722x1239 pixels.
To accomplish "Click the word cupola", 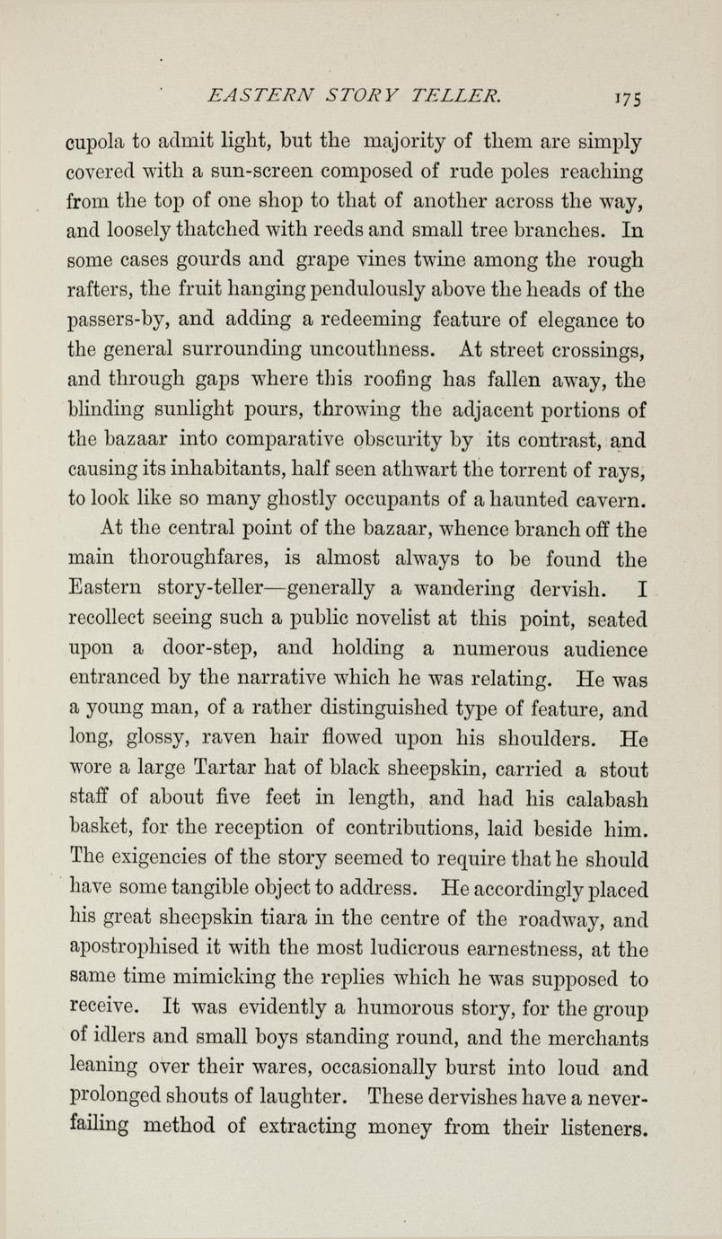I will click(x=96, y=141).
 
